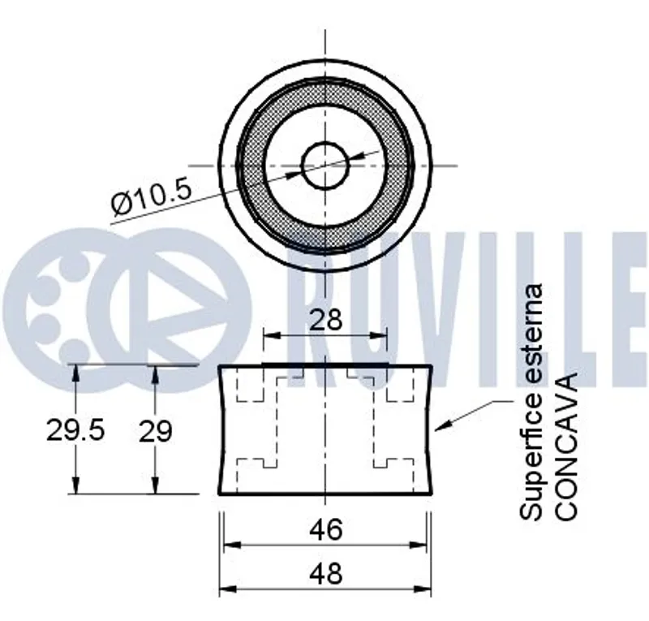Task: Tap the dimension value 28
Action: pyautogui.click(x=326, y=319)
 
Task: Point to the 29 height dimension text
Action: pyautogui.click(x=155, y=431)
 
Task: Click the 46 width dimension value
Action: pyautogui.click(x=326, y=529)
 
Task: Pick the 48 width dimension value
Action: pyautogui.click(x=326, y=573)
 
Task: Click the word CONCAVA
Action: pyautogui.click(x=565, y=446)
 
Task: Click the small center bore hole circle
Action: pyautogui.click(x=325, y=166)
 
